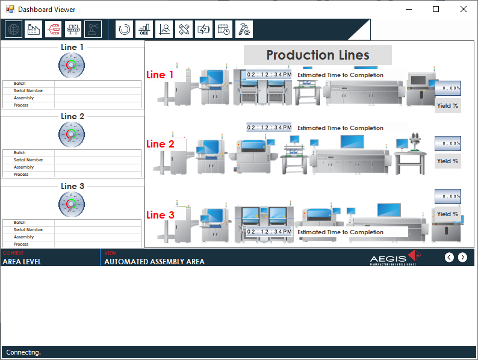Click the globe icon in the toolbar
point(14,29)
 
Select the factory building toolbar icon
point(34,29)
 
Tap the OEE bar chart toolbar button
point(144,29)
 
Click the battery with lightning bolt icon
point(204,29)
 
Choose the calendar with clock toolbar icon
point(224,29)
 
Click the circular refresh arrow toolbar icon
point(125,29)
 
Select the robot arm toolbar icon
point(93,29)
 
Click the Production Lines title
point(317,55)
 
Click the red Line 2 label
point(160,144)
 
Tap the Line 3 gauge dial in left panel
point(72,205)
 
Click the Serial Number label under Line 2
point(28,160)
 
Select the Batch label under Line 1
point(20,84)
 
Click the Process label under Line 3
point(21,244)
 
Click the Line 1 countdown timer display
point(269,75)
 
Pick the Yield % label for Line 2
point(447,161)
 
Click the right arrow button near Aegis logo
point(462,258)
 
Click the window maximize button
point(436,9)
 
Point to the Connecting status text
point(23,352)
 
